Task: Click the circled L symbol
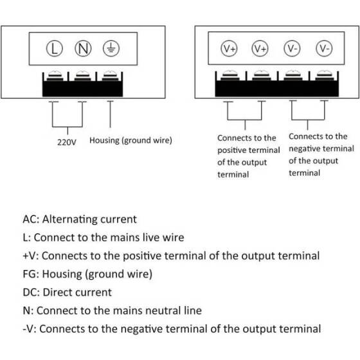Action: pyautogui.click(x=56, y=48)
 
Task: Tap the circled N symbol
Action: pyautogui.click(x=84, y=48)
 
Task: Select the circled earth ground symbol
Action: pyautogui.click(x=111, y=48)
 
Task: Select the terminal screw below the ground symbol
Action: pyautogui.click(x=111, y=76)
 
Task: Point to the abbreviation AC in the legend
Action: pyautogui.click(x=30, y=219)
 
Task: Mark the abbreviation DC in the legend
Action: pyautogui.click(x=30, y=292)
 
